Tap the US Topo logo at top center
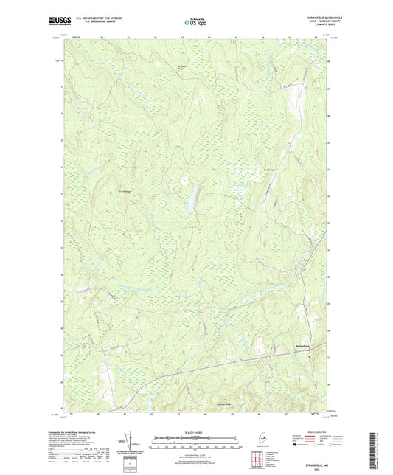point(194,23)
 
